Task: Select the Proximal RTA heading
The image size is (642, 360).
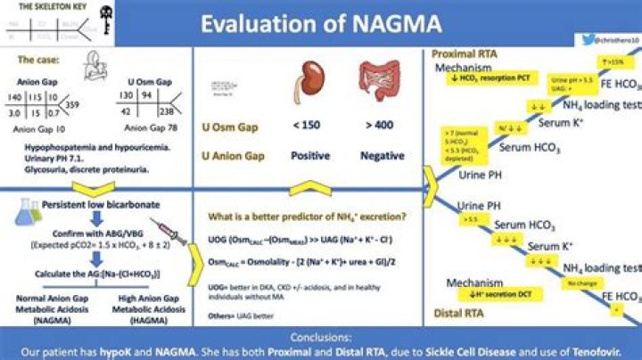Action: (463, 54)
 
